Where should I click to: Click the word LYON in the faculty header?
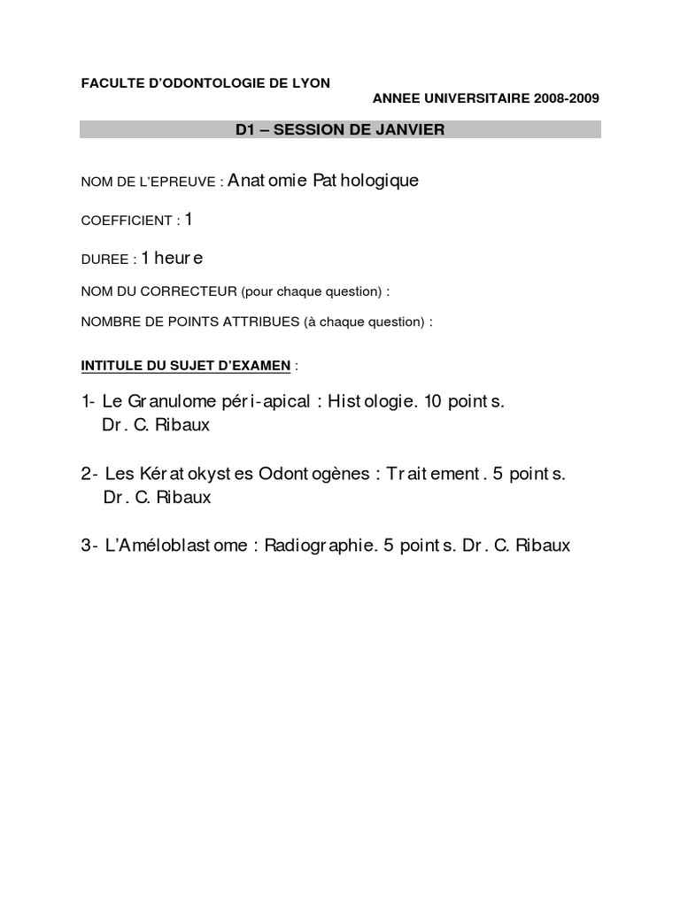point(310,83)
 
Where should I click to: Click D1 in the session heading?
point(245,130)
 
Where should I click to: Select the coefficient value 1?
point(189,219)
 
